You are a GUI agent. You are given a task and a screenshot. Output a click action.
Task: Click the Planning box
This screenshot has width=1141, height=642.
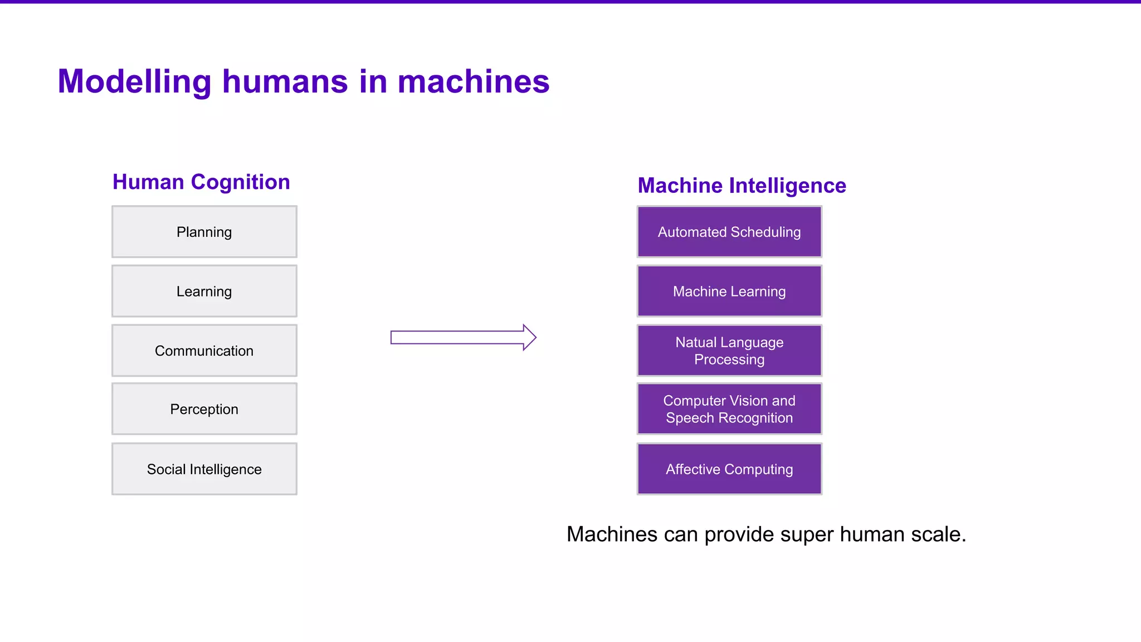pos(204,232)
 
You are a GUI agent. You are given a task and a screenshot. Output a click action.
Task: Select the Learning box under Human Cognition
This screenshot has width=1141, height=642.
pos(204,291)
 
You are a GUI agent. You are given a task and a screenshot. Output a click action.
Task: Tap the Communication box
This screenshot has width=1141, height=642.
pos(204,351)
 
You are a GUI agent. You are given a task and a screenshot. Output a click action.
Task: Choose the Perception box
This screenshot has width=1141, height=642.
pos(204,409)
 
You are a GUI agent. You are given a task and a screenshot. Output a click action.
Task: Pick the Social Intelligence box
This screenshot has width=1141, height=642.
pos(204,469)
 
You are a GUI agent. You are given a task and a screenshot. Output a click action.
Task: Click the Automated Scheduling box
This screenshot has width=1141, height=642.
pos(729,232)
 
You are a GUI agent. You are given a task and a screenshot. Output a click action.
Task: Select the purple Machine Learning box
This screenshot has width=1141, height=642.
pos(729,291)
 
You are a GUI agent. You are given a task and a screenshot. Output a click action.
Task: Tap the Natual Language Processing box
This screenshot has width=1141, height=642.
pos(729,351)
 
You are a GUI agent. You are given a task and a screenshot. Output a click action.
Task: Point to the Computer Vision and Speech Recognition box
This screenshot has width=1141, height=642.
pos(729,409)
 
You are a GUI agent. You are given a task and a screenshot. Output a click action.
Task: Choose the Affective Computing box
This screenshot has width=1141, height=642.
pos(729,469)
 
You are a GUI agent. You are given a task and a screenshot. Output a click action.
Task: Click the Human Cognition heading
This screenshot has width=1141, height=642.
pos(201,182)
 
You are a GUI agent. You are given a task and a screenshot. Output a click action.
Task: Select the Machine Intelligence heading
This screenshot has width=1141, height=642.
pos(742,186)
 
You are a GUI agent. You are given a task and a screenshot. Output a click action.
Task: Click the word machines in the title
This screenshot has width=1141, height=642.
pos(473,81)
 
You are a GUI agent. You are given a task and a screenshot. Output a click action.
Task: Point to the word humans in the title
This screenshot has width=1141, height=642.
pos(285,81)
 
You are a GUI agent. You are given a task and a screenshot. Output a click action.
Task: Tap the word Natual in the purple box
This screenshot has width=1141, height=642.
pos(695,342)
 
